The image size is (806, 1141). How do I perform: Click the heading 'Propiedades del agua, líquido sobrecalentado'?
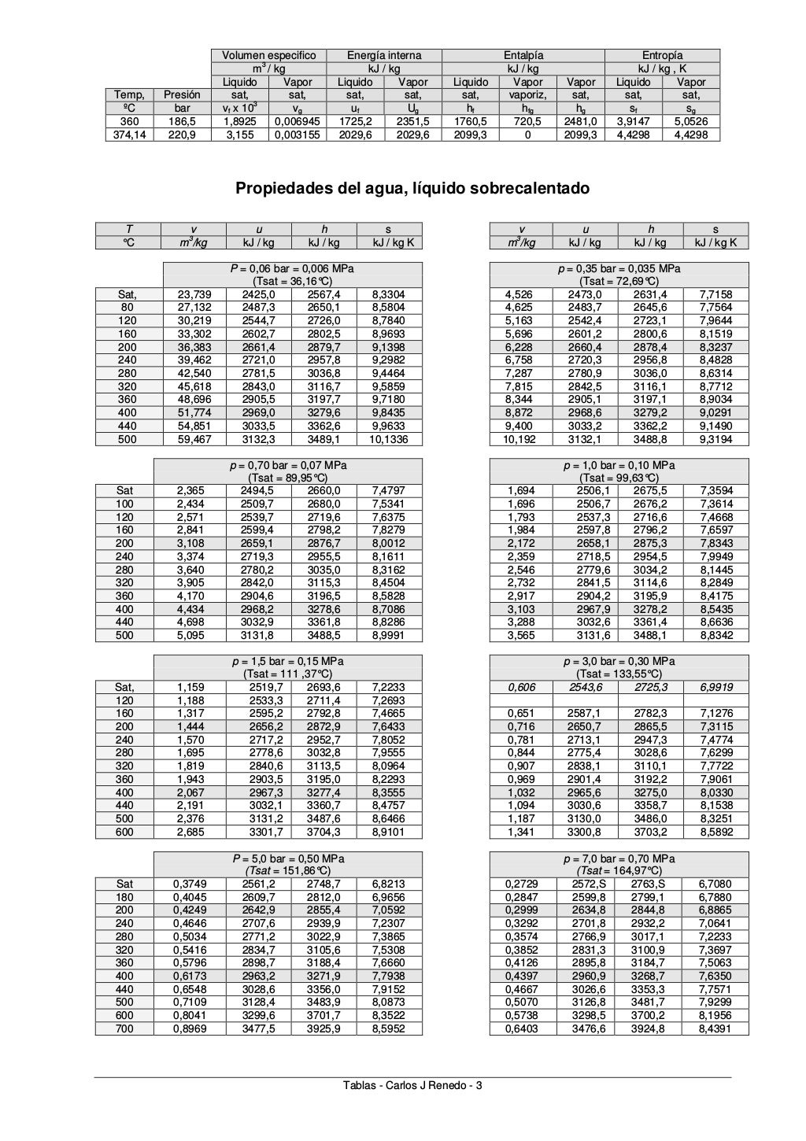pos(412,189)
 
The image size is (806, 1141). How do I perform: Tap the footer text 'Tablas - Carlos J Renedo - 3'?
pos(412,1086)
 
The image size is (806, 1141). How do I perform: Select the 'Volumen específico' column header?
pos(268,55)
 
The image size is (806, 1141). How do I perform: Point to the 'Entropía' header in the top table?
pos(662,55)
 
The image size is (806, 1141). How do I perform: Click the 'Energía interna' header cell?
pos(384,55)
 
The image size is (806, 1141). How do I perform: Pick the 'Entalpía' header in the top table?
pos(523,55)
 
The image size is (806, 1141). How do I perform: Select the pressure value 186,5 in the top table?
pos(182,122)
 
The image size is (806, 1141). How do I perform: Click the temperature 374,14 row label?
pos(129,135)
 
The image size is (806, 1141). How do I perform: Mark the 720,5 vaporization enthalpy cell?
pos(527,122)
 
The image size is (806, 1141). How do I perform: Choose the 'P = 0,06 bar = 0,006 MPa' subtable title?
pos(292,268)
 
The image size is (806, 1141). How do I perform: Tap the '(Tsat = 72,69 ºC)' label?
pos(619,281)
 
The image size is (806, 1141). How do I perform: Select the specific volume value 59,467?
pos(194,439)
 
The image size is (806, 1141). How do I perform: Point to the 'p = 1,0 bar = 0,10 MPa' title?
pos(619,465)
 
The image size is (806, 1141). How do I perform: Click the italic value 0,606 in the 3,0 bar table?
pos(521,687)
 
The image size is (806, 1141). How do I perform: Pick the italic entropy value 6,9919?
pos(715,687)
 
